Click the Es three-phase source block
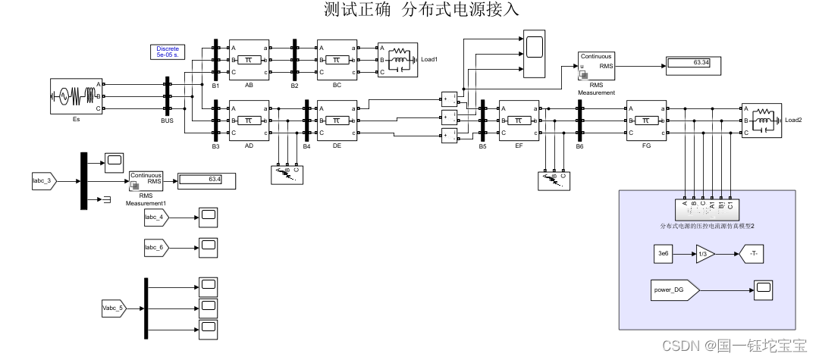[75, 96]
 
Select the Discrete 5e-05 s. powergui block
[168, 52]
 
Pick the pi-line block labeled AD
[249, 121]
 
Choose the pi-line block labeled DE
[337, 121]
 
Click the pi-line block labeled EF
[518, 121]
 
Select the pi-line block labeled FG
[645, 121]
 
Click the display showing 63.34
[692, 62]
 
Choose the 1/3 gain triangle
[704, 255]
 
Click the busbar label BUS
[168, 121]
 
